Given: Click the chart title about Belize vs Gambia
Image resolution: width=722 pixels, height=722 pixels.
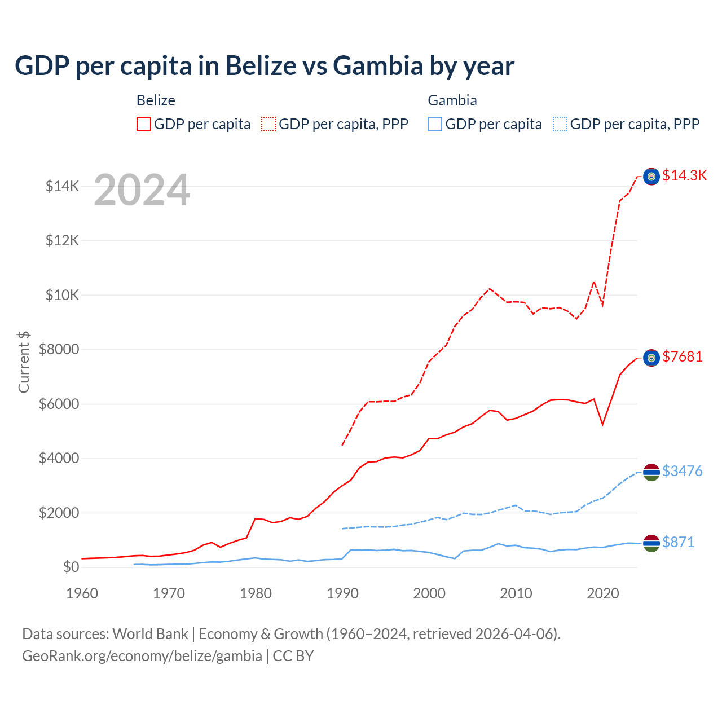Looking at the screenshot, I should coord(265,65).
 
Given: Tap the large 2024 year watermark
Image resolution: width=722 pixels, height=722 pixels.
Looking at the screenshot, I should coord(142,190).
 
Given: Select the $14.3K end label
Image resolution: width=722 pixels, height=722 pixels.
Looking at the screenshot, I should coord(684,175).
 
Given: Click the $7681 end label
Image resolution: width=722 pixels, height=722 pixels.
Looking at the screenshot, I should coord(683,356).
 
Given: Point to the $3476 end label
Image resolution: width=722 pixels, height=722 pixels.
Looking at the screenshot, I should coord(683,471).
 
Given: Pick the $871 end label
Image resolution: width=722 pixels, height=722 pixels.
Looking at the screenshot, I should coord(678,542).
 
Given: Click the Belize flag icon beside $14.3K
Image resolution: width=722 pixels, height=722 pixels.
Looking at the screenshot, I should coord(651,177).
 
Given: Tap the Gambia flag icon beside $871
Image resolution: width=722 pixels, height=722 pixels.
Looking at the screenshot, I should coord(651,543).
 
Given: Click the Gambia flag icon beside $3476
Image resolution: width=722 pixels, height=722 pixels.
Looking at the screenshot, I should coord(651,472).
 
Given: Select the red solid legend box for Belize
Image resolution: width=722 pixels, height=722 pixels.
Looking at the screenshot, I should coord(144,124).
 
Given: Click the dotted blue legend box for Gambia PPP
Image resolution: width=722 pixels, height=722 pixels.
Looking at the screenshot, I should coord(560,124).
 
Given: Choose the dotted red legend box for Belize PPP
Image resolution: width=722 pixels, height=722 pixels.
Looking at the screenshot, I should coord(268,124).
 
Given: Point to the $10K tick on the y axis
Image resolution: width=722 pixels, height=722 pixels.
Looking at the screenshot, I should coord(62,295).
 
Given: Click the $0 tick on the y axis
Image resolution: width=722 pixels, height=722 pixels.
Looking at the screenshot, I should coord(71,567).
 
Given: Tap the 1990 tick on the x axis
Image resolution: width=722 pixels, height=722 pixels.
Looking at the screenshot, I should coord(342,593).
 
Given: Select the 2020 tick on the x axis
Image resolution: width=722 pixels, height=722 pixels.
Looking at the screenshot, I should coord(603,593).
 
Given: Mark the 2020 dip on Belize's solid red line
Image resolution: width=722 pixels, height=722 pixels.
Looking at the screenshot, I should coord(603,424).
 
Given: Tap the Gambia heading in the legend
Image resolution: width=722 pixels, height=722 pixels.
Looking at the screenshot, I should coord(452,100).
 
